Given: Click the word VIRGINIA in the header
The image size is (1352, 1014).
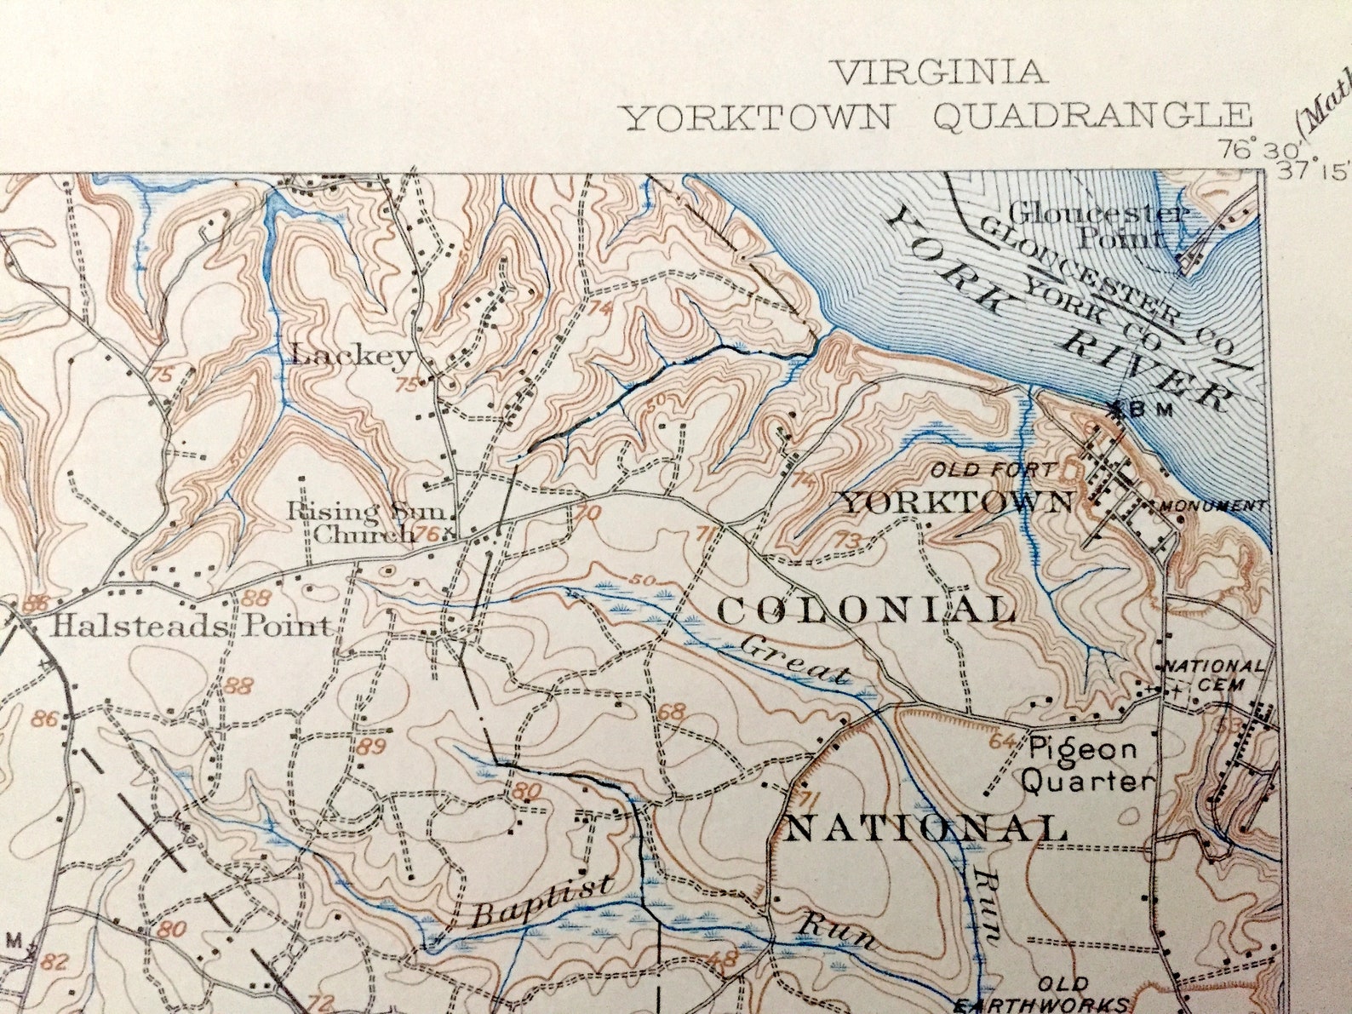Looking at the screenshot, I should click(940, 72).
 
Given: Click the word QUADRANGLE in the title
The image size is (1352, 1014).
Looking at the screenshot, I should click(1092, 117).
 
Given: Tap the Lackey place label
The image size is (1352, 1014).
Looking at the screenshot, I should click(352, 355).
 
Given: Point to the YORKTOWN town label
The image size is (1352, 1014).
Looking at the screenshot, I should click(955, 502).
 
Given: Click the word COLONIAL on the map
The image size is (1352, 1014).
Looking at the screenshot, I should click(867, 610).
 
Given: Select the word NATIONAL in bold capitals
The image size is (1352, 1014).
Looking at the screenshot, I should click(925, 828).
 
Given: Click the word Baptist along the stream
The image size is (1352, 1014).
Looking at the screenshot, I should click(541, 902).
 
